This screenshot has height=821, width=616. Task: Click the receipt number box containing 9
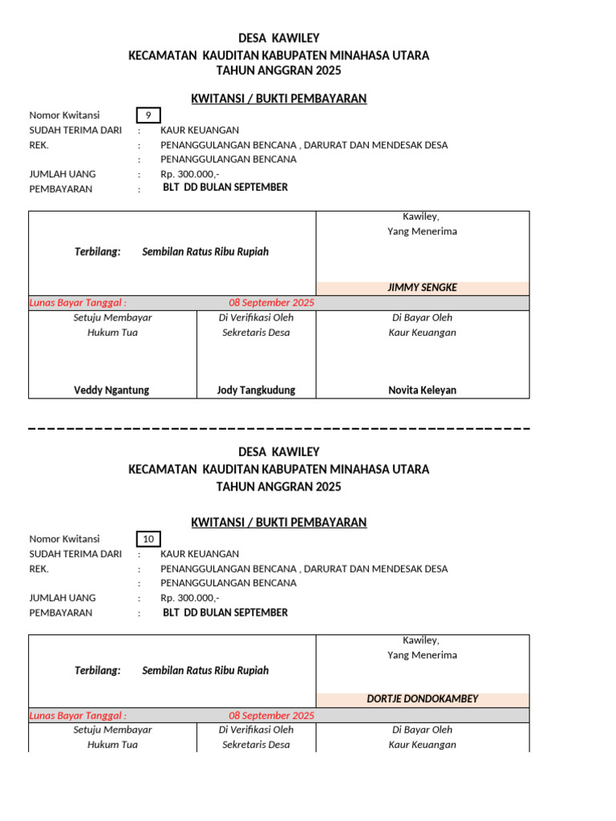click(x=148, y=115)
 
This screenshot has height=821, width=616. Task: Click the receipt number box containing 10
click(x=148, y=539)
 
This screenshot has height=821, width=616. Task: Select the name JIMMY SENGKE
click(x=422, y=288)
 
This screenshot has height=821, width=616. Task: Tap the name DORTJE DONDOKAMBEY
click(x=422, y=699)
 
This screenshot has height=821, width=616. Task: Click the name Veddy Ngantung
click(x=111, y=390)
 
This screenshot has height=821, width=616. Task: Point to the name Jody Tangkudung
click(x=256, y=390)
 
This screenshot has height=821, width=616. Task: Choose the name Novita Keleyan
click(x=422, y=390)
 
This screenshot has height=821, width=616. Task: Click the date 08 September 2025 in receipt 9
click(x=271, y=303)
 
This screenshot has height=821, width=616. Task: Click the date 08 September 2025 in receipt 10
click(x=271, y=715)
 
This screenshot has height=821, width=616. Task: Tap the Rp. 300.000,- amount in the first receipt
click(x=189, y=174)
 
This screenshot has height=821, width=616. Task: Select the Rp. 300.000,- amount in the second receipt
click(x=189, y=598)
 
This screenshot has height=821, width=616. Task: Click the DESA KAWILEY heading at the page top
click(x=278, y=38)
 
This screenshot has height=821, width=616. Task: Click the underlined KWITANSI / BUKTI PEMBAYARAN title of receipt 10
click(x=278, y=523)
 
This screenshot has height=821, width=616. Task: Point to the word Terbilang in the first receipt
click(x=97, y=252)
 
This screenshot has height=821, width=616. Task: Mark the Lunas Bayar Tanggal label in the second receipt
click(x=78, y=715)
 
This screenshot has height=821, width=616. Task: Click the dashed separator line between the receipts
click(x=278, y=429)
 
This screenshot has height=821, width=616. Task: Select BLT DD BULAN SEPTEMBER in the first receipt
click(x=225, y=188)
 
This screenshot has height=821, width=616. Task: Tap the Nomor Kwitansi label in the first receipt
click(x=64, y=115)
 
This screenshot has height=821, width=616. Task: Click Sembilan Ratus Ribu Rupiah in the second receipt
click(x=205, y=670)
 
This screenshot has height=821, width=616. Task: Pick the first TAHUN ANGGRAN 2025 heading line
click(x=278, y=71)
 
